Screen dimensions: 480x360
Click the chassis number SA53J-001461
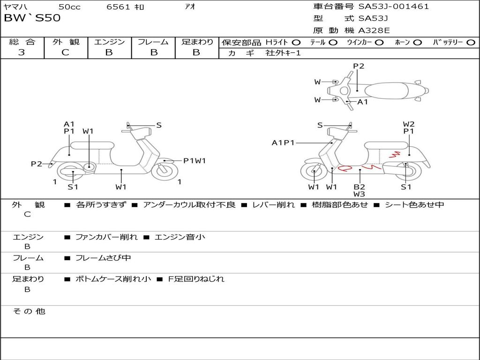(394, 7)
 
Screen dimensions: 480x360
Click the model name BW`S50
(32, 18)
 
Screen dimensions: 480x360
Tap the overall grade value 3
(22, 52)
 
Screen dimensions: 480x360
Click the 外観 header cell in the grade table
(66, 42)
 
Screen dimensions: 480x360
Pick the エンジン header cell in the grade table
(109, 42)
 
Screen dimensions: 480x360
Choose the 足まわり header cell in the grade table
(197, 42)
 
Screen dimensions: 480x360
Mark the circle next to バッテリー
(471, 42)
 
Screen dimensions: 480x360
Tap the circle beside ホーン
(417, 42)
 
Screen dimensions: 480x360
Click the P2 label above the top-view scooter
(359, 66)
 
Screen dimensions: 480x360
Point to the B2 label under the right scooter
(360, 187)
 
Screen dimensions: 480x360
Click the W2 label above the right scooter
(409, 124)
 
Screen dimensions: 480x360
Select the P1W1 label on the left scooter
(194, 161)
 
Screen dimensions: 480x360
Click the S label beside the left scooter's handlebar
(159, 125)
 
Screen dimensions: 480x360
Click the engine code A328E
(374, 30)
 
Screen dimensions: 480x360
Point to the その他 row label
(29, 311)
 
